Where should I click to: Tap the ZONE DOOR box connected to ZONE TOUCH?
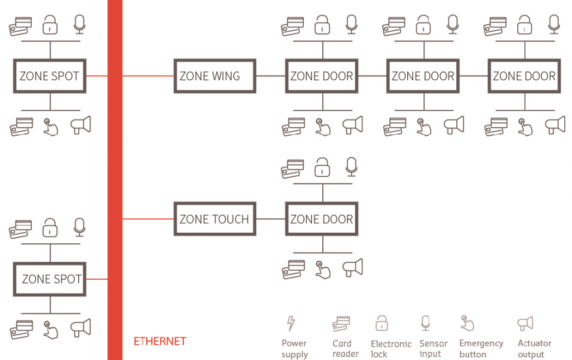(321, 219)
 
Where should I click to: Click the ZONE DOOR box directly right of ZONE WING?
(321, 76)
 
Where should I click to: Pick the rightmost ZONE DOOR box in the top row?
(524, 76)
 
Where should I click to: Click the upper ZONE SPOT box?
(50, 76)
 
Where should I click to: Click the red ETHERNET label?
(160, 341)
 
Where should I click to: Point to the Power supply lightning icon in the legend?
(290, 324)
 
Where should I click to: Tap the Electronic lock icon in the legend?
(382, 323)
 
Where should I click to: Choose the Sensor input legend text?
(433, 349)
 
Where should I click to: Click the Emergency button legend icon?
(467, 324)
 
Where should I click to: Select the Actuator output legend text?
(534, 349)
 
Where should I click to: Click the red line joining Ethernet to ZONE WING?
(149, 76)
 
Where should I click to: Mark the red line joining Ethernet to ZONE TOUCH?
(149, 219)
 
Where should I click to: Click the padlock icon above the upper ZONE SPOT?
(51, 25)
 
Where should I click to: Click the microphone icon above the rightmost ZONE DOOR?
(554, 25)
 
